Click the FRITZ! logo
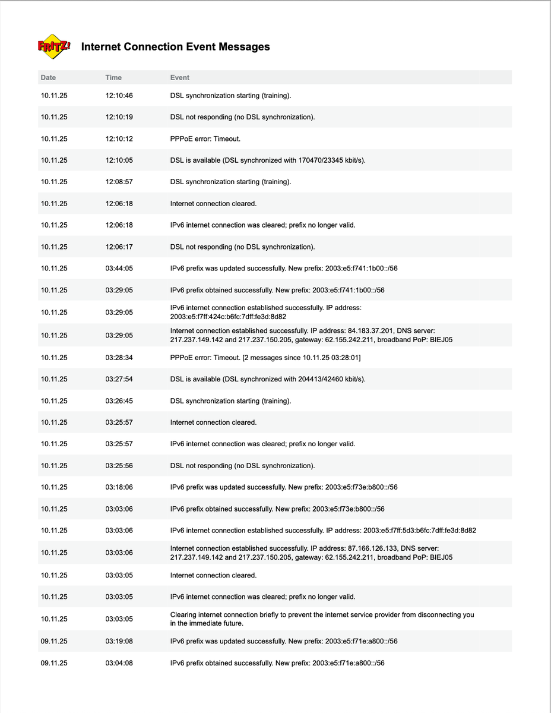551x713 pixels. pyautogui.click(x=54, y=46)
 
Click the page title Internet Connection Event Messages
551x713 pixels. pyautogui.click(x=175, y=47)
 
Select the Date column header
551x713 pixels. pyautogui.click(x=48, y=77)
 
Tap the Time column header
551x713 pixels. pyautogui.click(x=113, y=77)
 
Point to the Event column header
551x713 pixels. pyautogui.click(x=180, y=77)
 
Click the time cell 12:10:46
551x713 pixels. pyautogui.click(x=119, y=95)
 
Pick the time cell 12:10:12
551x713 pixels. pyautogui.click(x=119, y=138)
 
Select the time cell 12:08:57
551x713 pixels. pyautogui.click(x=119, y=182)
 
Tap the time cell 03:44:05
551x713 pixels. pyautogui.click(x=119, y=268)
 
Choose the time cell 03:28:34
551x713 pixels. pyautogui.click(x=119, y=358)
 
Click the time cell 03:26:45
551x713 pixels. pyautogui.click(x=119, y=401)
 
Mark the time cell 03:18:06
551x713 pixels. pyautogui.click(x=119, y=487)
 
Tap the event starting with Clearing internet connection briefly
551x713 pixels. pyautogui.click(x=322, y=619)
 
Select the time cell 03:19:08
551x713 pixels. pyautogui.click(x=119, y=641)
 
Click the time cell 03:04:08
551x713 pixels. pyautogui.click(x=119, y=663)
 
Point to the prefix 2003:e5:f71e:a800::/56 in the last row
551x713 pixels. pyautogui.click(x=349, y=663)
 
